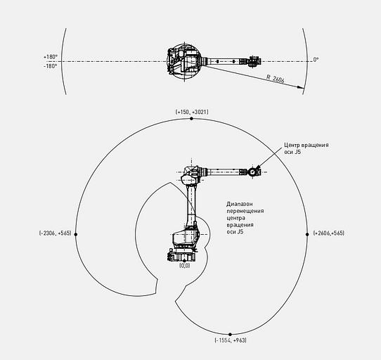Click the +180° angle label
[x=51, y=57]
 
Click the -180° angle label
[x=51, y=66]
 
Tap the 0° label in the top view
[x=316, y=60]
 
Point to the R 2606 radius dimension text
[x=276, y=79]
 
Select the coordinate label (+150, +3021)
[x=192, y=112]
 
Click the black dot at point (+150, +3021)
[x=191, y=119]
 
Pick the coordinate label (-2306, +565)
[x=55, y=233]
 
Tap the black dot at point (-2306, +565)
[x=76, y=234]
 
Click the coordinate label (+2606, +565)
[x=329, y=233]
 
